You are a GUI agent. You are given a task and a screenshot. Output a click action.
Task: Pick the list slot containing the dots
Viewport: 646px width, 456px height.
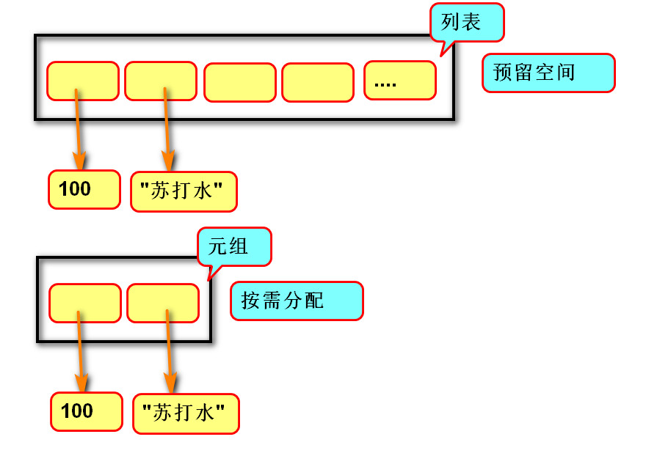tap(399, 80)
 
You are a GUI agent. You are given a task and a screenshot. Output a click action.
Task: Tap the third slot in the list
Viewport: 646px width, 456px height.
tap(239, 82)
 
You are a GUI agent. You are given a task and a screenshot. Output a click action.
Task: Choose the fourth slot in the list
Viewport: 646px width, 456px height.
tap(318, 82)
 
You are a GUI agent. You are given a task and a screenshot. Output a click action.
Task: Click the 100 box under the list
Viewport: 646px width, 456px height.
tap(84, 189)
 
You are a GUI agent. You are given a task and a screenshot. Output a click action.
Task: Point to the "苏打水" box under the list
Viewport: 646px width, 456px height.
tap(184, 191)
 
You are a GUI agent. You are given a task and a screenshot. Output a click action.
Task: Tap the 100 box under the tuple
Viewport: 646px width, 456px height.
tap(86, 411)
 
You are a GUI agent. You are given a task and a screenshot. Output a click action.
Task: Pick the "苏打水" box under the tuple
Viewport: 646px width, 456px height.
tap(186, 413)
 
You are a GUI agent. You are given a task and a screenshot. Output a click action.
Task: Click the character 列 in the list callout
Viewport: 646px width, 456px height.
tap(451, 22)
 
